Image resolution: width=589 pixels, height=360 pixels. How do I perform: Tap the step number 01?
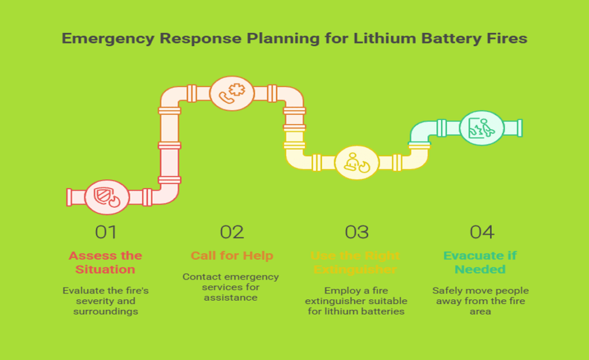coord(106,232)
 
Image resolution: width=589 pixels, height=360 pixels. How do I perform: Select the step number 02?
coord(232,232)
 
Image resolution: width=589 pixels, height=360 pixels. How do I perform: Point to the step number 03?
coord(357,232)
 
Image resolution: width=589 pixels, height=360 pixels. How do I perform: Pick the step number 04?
coord(481,232)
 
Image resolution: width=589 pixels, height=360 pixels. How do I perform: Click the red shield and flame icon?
coord(106,197)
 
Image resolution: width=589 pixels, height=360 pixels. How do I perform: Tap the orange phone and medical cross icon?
coord(231,93)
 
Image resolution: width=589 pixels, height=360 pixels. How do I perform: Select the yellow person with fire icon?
coord(357,162)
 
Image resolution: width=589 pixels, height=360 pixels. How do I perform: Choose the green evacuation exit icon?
coord(481,128)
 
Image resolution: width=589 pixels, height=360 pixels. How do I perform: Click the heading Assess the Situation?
coord(105,262)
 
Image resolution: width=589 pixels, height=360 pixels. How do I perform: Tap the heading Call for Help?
coord(232,255)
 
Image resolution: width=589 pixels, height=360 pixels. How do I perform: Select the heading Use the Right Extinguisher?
coord(356,262)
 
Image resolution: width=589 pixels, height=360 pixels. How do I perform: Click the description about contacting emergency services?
coord(231,287)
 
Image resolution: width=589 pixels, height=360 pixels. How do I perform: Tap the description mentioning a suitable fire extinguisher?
coord(357,301)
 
